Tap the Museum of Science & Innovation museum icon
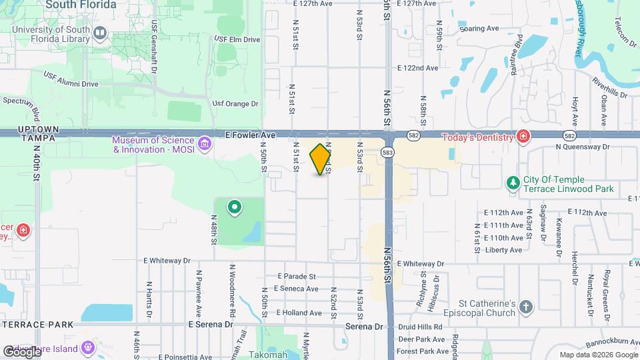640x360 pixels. coord(205,144)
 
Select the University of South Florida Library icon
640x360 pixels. coord(100,33)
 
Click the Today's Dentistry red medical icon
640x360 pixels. coord(524,137)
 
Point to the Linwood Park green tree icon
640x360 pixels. coord(512,183)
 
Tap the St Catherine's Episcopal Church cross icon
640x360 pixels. coord(526,307)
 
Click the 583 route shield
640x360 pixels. coord(387,153)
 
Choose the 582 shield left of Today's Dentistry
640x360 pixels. coord(414,135)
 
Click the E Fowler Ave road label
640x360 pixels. coord(250,135)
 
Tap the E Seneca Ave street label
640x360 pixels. coord(293,289)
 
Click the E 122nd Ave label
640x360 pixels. coord(417,68)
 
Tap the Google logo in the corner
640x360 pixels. coord(22,351)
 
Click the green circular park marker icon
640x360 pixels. coord(234,208)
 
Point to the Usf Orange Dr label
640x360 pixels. coord(235,104)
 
